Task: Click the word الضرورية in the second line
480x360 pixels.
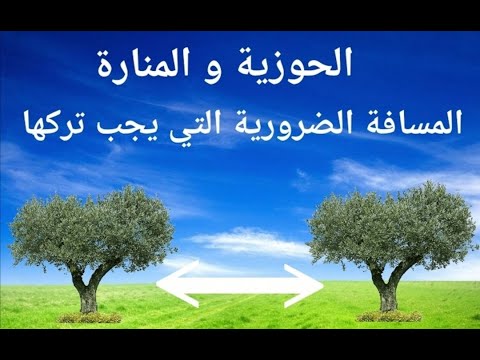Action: point(285,125)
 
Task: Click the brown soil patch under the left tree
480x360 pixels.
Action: point(90,317)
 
